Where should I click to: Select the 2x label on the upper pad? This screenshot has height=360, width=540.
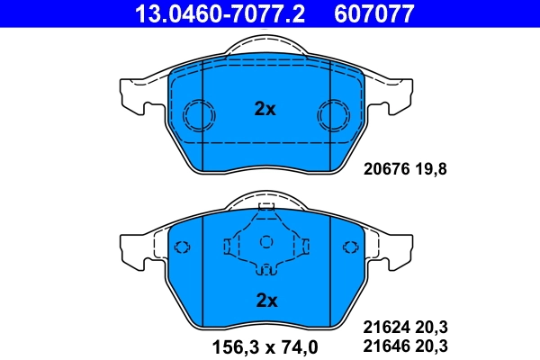(265, 109)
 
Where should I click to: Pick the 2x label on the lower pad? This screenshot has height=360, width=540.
(265, 300)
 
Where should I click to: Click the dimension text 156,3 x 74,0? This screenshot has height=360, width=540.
(265, 346)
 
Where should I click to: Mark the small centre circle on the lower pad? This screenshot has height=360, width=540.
(265, 241)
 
